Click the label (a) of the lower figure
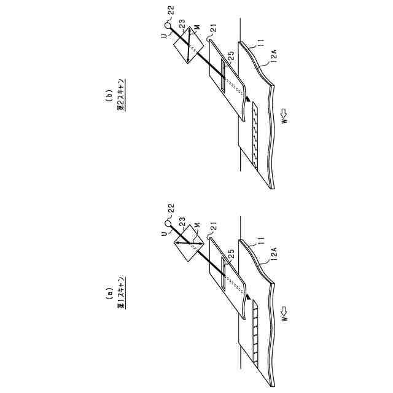109,291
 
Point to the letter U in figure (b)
163,36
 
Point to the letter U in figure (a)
163,235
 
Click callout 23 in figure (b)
182,22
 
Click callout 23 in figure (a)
182,221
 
